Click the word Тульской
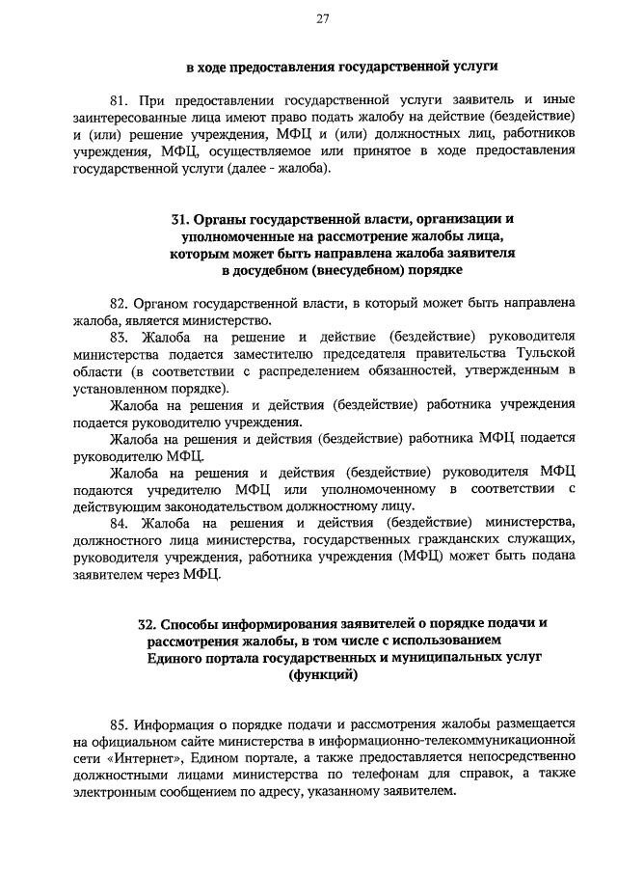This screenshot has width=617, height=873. [540, 355]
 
